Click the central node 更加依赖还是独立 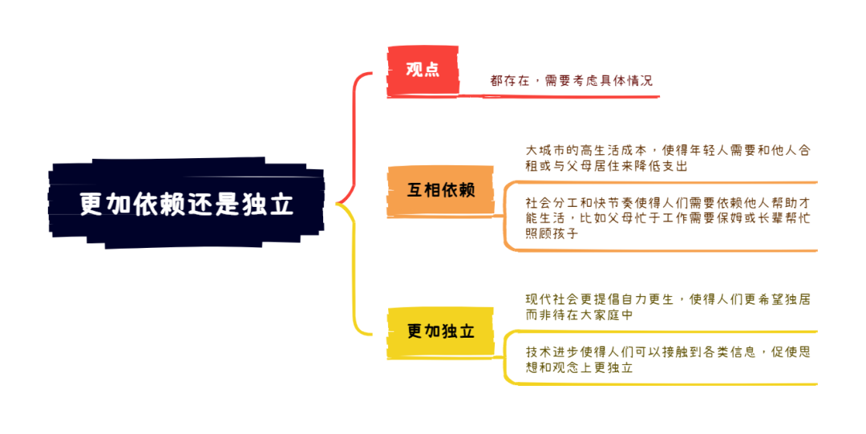coord(187,203)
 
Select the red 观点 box coord(423,71)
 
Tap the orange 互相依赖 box coord(441,190)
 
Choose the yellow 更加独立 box coord(441,332)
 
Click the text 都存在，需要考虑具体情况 coord(571,81)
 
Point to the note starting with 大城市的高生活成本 coord(667,158)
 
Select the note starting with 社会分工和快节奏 coord(667,218)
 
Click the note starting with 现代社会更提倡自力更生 coord(667,306)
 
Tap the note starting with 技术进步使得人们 coord(667,359)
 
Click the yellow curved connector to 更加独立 coord(354,271)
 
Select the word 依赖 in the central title coord(159,204)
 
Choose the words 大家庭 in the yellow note coord(599,315)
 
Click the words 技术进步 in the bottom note coord(552,352)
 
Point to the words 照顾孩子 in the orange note coord(552,233)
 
